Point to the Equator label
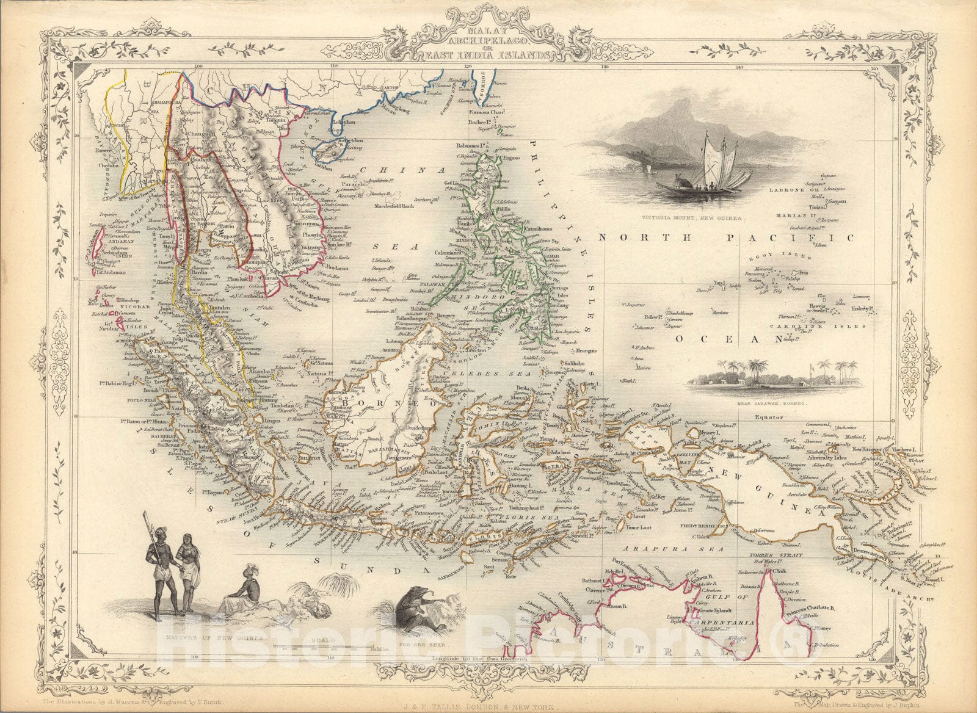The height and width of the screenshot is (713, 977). point(768,418)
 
